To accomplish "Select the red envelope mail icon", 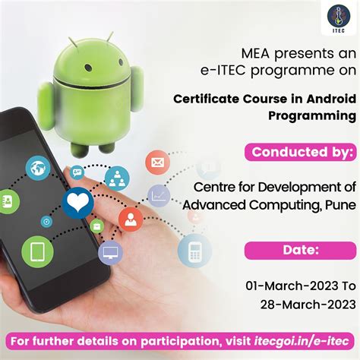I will point(158,162).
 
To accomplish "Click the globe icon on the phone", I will point(39,169).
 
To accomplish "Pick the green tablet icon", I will point(36,251).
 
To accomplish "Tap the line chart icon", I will point(159,197).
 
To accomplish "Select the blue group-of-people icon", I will point(116,179).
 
